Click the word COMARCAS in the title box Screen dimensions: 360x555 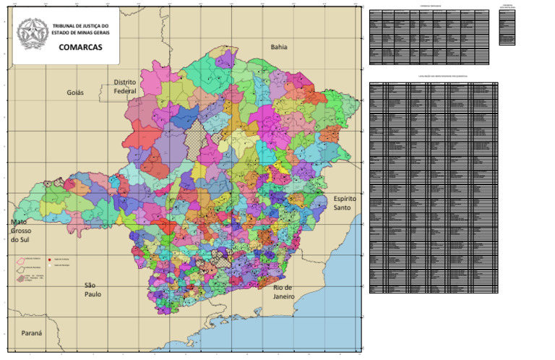(80, 48)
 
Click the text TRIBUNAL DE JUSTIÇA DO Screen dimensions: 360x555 (80, 26)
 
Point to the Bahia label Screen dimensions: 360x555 (279, 47)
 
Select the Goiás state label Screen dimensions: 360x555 (75, 93)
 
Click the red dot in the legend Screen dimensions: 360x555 (48, 258)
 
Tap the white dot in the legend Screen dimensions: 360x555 (48, 265)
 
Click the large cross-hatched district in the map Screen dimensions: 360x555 (194, 132)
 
